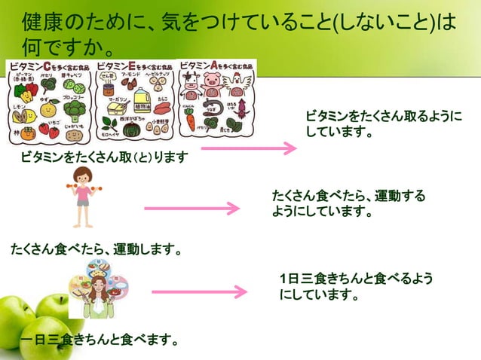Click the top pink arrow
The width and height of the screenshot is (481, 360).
[249, 148]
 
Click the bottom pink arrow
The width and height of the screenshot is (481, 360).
[199, 291]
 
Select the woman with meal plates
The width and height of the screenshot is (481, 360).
[99, 291]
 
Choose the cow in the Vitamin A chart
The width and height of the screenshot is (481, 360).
[188, 81]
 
